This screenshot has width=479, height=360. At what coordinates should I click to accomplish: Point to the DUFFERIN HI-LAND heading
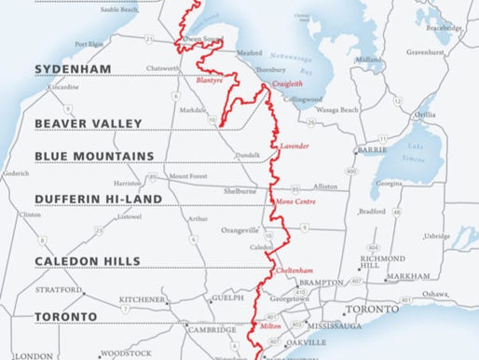click(x=98, y=200)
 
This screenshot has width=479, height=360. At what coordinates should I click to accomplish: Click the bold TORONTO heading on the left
click(x=65, y=317)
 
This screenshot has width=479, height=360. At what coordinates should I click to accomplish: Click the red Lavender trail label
click(x=294, y=147)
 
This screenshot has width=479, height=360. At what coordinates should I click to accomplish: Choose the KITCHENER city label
click(x=143, y=299)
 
